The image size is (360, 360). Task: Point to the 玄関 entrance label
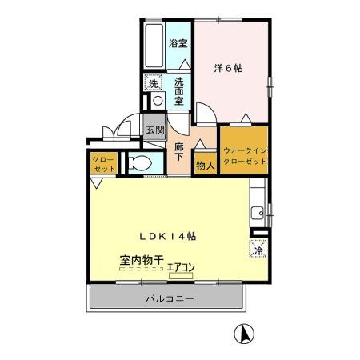coord(155,129)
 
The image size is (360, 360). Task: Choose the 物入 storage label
coord(205,166)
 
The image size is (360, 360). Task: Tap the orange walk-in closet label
coord(245,155)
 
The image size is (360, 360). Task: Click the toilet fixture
coord(141,164)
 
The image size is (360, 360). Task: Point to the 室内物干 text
coord(142,260)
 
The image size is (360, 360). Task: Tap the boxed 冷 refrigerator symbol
coord(258,250)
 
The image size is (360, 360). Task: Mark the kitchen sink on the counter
coord(258,213)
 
